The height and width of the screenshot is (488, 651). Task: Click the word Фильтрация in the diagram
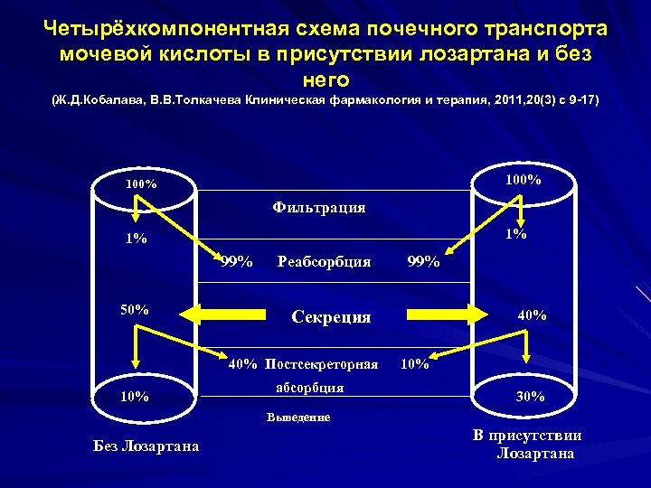coord(319,208)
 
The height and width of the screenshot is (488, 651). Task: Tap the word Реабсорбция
coord(324,262)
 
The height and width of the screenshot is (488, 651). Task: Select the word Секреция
coord(331,316)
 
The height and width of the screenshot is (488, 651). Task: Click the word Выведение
coord(298,418)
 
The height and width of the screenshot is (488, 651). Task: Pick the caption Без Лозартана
coord(146,446)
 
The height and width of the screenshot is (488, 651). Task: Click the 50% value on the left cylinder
coord(135,310)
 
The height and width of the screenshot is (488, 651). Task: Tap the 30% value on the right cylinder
coord(530,396)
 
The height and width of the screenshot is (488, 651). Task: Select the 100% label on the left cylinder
coord(141,184)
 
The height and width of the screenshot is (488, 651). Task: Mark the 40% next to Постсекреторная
coord(243,365)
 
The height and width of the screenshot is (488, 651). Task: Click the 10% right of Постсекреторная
coord(414,365)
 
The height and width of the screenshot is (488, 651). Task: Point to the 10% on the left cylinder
coord(136,396)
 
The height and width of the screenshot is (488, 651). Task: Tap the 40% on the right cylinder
coord(531,315)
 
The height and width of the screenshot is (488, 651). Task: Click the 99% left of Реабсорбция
coord(237,262)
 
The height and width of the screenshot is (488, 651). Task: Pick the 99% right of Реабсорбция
coord(424,262)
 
